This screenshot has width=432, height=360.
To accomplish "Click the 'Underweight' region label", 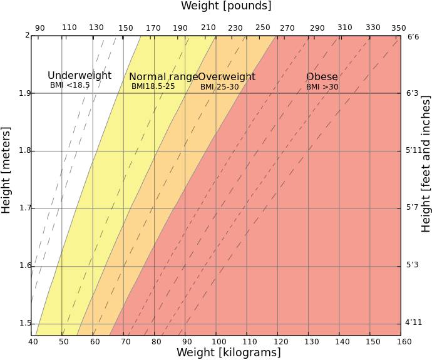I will (x=80, y=76).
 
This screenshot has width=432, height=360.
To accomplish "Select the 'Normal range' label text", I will (x=163, y=77).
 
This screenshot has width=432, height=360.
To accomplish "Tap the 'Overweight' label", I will (x=227, y=77).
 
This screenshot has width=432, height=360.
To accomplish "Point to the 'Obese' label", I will (x=322, y=77).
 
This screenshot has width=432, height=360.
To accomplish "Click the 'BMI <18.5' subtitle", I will (x=70, y=85).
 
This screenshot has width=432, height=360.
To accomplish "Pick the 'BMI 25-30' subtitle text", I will (x=220, y=87).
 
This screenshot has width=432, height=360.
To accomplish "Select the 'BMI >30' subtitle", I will (x=322, y=87).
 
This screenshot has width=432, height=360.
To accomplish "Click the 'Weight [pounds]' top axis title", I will (x=226, y=6).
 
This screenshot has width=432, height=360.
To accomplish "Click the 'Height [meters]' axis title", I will (x=6, y=170).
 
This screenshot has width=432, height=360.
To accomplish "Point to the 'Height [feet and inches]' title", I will (x=426, y=164).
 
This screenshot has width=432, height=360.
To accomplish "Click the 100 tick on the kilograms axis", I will (x=216, y=341).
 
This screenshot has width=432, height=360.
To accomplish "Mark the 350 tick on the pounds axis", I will (x=399, y=28).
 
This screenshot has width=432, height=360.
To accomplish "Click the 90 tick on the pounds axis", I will (x=40, y=28).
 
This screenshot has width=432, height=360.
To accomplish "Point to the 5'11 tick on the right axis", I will (x=413, y=150).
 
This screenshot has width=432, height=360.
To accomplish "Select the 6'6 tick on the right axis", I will (x=413, y=37).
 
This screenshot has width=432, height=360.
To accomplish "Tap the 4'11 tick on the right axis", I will (x=414, y=322).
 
